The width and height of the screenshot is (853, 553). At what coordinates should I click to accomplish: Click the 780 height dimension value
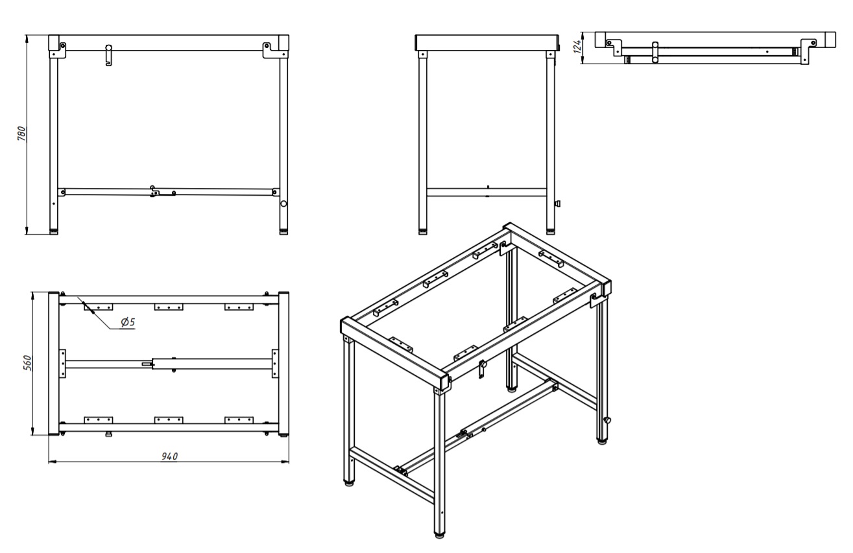coord(21,134)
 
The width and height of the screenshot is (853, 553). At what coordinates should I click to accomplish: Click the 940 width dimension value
coord(169,456)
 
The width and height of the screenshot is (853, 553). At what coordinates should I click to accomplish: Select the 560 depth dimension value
coord(27,363)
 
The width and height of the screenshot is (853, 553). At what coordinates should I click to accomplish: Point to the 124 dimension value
coord(578,47)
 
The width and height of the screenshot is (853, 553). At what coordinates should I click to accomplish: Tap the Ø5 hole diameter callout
coord(128,322)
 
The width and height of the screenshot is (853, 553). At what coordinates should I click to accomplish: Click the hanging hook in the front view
coord(109,55)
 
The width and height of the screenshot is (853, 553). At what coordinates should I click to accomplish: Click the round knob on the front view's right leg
coord(283,204)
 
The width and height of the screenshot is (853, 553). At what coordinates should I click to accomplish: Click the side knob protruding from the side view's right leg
coord(559,204)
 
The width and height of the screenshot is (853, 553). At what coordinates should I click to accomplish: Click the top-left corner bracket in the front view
coord(58,50)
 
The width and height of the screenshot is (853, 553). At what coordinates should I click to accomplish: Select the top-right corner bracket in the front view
coord(271,50)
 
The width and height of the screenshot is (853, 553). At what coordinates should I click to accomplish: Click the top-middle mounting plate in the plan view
coord(169,307)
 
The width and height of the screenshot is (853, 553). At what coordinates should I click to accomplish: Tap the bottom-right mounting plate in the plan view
coord(239,420)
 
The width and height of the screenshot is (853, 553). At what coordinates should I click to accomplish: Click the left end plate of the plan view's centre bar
coord(62,364)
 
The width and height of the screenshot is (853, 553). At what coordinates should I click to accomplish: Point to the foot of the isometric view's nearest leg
coord(440,535)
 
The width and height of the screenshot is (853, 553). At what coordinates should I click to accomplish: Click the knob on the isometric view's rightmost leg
coord(607,420)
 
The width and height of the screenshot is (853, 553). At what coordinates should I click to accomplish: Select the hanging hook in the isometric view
coord(482,369)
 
